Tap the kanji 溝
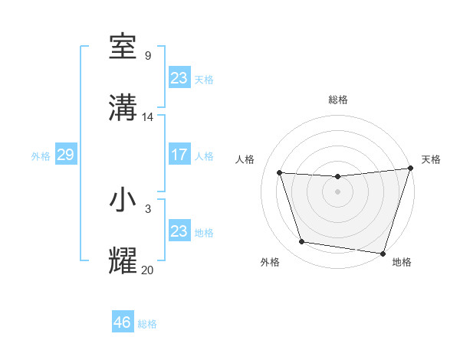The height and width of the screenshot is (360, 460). pos(123,108)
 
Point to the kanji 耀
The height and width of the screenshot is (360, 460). pos(123,261)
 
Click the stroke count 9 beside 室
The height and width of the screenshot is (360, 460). pos(147,55)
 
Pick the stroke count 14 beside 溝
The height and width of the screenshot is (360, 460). pos(148,117)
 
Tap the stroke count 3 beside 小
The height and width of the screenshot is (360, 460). pos(147,208)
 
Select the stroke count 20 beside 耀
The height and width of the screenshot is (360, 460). pos(148,270)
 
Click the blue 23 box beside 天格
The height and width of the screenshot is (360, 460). pos(179,77)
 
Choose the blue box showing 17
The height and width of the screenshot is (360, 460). pos(179,154)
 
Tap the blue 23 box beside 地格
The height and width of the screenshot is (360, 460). pos(179,231)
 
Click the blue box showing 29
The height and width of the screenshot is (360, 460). pos(65,155)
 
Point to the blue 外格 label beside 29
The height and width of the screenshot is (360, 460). pos(41,156)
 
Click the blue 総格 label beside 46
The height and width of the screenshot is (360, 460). pos(147,324)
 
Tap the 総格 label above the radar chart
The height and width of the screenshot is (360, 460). pos(338,100)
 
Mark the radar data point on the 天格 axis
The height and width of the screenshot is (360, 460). pos(410,169)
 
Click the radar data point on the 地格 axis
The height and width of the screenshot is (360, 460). pos(383,253)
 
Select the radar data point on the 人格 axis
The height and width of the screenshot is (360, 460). pos(280,173)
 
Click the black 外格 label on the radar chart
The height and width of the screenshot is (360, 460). pos(270,262)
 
